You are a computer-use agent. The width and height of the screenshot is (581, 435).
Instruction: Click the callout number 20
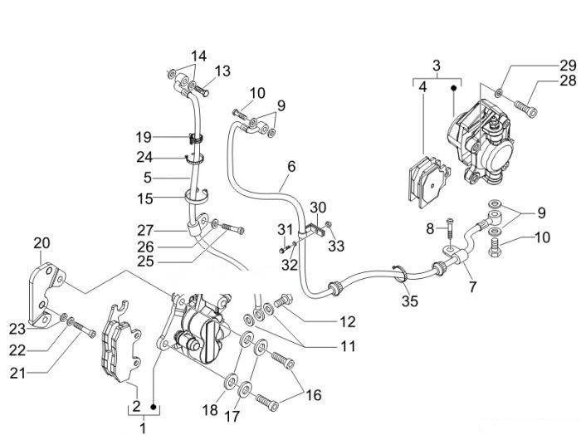(41, 243)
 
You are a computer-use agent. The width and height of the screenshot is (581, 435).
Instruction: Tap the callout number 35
(410, 301)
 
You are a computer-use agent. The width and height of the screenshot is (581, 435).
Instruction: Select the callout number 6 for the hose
(291, 166)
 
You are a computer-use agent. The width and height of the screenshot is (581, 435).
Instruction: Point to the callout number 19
(144, 138)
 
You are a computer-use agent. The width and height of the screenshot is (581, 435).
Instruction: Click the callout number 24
(144, 157)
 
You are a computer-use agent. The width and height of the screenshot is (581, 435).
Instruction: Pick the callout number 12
(347, 321)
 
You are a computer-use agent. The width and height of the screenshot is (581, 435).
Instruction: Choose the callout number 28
(568, 81)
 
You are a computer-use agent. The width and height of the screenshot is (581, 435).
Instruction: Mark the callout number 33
(336, 246)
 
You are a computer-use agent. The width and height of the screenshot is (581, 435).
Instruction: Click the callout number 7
(472, 286)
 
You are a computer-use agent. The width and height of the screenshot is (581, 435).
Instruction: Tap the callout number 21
(17, 373)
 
